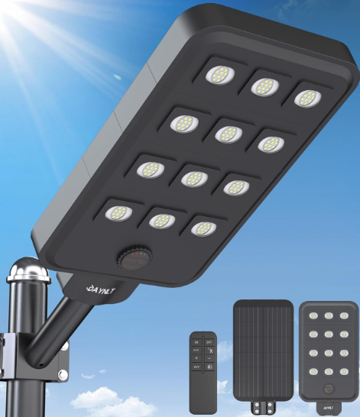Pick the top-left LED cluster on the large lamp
pos(221,75)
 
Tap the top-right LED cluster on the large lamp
pos(306,98)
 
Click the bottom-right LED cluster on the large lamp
pos(203,228)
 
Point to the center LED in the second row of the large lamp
pos(227,133)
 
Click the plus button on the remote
pos(196,358)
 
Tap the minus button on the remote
pos(210,358)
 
